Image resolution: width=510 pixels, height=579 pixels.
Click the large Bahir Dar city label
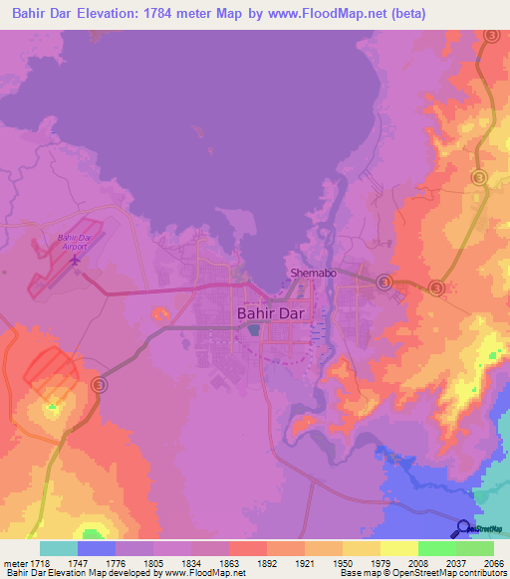(x=270, y=312)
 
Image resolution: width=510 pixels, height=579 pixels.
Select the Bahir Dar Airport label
(x=74, y=242)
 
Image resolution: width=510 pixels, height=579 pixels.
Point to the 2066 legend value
(x=495, y=563)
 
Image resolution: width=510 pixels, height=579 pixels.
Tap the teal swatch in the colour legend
(x=59, y=548)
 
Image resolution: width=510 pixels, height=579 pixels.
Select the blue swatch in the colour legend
(x=97, y=548)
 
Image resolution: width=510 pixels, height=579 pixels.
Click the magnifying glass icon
(x=463, y=528)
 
